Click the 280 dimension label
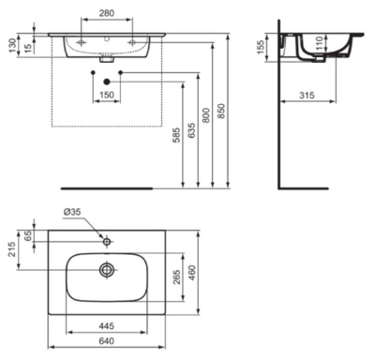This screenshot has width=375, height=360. click(107, 13)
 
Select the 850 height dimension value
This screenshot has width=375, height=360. click(221, 111)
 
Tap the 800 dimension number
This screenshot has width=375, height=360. click(205, 115)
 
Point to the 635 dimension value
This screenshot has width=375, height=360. click(191, 130)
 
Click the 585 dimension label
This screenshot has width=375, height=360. click(176, 135)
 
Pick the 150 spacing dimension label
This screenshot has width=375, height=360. click(107, 95)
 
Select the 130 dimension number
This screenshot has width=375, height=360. click(12, 45)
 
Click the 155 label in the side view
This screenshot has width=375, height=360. click(261, 47)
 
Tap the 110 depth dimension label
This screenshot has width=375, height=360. click(319, 43)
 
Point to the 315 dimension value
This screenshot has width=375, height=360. click(307, 96)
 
